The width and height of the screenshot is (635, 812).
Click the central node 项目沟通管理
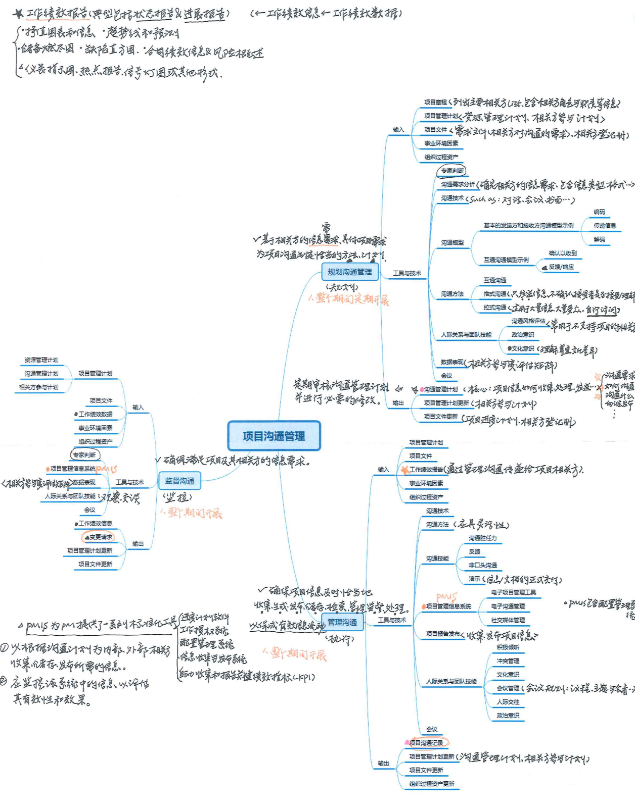(x=274, y=436)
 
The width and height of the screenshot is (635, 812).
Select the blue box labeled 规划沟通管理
(x=349, y=272)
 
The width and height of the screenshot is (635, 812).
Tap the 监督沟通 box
(x=179, y=481)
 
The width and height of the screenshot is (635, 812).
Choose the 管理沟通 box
(x=342, y=622)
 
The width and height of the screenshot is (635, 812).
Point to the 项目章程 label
(x=435, y=102)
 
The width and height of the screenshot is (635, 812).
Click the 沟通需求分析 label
(x=458, y=185)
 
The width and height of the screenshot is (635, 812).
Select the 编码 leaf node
(x=599, y=212)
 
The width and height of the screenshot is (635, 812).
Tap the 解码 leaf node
(x=599, y=239)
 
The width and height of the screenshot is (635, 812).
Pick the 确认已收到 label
(x=563, y=253)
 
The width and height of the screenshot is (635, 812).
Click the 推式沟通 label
(x=494, y=294)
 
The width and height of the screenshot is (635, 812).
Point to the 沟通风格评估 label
(x=528, y=321)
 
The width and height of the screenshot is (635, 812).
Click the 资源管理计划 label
(x=41, y=360)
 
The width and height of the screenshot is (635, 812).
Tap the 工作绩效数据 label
(x=95, y=414)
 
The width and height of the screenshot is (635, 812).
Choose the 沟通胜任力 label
(x=482, y=538)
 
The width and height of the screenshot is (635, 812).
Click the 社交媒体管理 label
(x=508, y=620)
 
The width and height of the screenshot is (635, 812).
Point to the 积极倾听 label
(x=508, y=647)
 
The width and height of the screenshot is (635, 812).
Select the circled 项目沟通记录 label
(x=426, y=743)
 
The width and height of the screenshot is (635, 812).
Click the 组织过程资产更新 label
(x=432, y=784)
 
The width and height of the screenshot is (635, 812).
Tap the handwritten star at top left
(x=18, y=14)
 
